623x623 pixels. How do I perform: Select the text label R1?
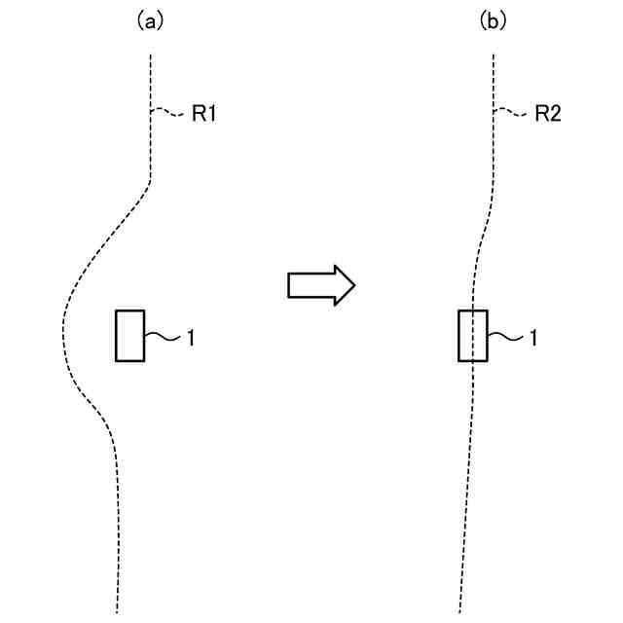tap(203, 115)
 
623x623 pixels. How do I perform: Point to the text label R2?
tap(548, 115)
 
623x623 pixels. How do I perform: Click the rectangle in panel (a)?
tap(130, 336)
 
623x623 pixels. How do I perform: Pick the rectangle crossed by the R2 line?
tap(472, 336)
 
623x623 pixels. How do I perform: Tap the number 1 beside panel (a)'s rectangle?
tap(191, 338)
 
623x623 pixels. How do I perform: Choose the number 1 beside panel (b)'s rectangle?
tap(533, 338)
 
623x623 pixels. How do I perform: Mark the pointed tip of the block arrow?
tap(353, 285)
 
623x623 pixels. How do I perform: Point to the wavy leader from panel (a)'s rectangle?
tap(162, 337)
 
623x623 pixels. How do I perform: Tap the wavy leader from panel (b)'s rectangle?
tap(504, 337)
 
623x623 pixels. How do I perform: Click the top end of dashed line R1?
tap(151, 55)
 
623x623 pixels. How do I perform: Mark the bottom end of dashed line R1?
tap(117, 611)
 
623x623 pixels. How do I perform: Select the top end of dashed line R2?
tap(495, 55)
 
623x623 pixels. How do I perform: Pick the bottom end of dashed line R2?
tap(459, 611)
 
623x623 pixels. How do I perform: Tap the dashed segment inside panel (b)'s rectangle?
tap(472, 336)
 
